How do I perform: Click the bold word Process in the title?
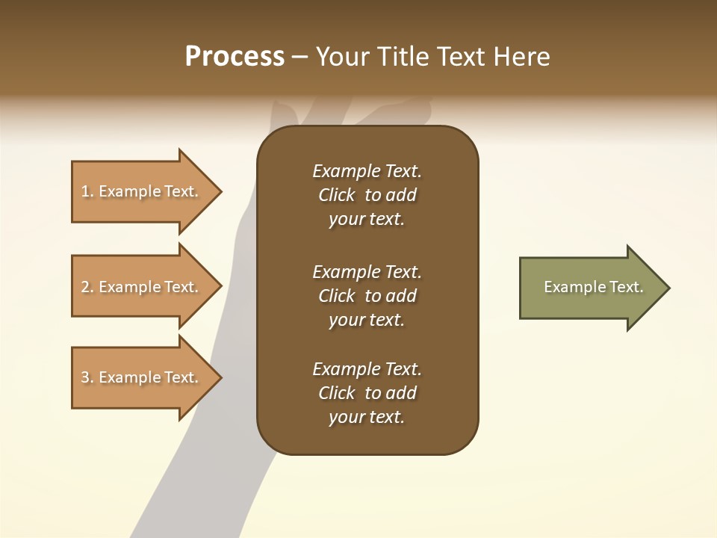tap(235, 57)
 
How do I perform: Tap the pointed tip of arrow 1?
tap(220, 191)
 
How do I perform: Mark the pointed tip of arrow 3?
tap(220, 377)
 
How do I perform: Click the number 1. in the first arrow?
tap(87, 191)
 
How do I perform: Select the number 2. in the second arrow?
tap(87, 287)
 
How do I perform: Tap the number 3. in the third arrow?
tap(87, 377)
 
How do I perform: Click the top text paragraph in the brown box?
tap(367, 195)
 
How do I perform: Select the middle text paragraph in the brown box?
tap(367, 296)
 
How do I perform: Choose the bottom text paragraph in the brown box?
tap(367, 393)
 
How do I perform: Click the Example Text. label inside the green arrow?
tap(594, 287)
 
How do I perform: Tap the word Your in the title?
tap(340, 57)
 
